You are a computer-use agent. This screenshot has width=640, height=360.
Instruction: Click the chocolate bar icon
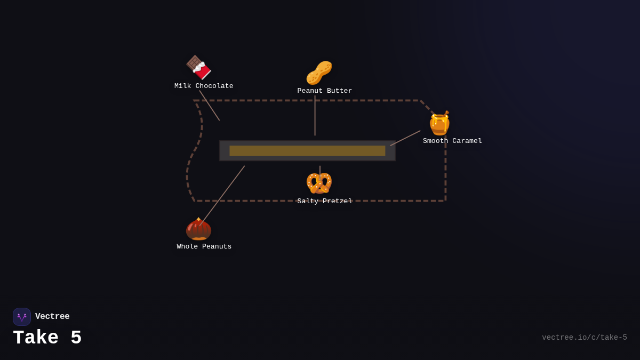tap(198, 68)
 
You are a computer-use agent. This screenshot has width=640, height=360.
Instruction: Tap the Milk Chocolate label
tap(204, 86)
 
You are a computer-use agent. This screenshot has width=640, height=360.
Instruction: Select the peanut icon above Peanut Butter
tap(319, 73)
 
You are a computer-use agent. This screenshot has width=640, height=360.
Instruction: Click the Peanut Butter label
tap(324, 91)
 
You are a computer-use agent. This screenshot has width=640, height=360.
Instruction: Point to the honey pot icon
tap(439, 123)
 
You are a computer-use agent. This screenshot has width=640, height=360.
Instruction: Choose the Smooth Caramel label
tap(452, 141)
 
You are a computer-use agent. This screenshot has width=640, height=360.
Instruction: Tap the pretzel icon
tap(319, 183)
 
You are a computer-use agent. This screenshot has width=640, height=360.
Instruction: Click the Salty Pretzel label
tap(324, 202)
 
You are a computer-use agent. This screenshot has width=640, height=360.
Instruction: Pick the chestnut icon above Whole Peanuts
tap(198, 229)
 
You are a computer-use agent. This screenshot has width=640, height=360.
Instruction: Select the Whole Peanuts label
tap(204, 247)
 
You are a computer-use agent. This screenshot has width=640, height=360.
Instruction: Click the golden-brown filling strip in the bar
tap(307, 151)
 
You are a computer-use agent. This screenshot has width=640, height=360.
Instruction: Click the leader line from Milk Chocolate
tap(210, 106)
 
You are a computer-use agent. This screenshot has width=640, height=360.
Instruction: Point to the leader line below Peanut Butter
tap(315, 116)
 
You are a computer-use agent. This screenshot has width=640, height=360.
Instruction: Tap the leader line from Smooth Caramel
tap(405, 138)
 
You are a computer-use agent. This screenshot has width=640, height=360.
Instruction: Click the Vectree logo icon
tap(22, 317)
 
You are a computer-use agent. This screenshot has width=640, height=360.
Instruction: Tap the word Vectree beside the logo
tap(52, 317)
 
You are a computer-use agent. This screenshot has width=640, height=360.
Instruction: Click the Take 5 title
tap(47, 338)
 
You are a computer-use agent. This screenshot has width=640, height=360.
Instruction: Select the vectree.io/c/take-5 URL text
tap(584, 338)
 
